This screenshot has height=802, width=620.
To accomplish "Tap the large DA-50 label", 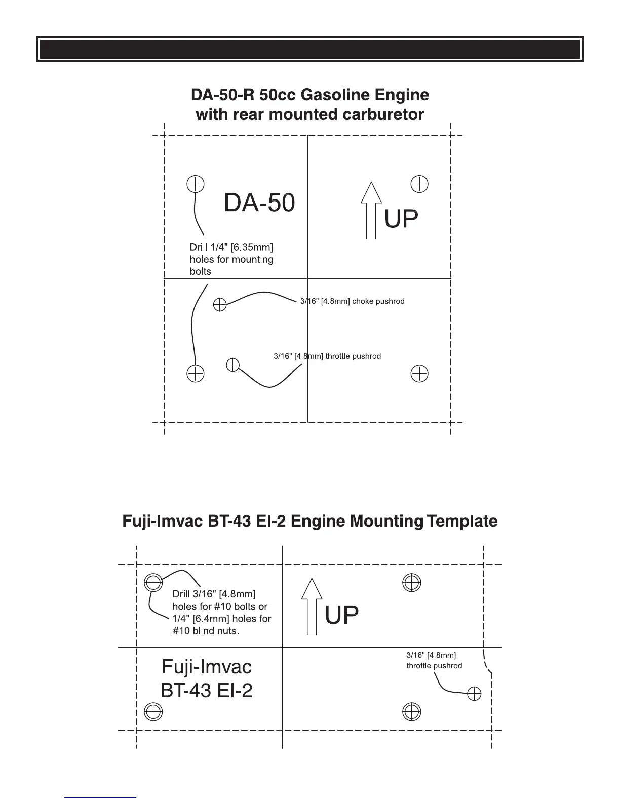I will [x=259, y=203].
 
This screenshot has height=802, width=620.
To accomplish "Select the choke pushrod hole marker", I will [x=220, y=304].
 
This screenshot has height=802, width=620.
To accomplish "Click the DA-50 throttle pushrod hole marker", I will [x=232, y=365].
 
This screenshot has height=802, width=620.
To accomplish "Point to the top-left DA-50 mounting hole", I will [x=196, y=184].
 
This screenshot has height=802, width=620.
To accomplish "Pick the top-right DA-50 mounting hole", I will [x=419, y=184].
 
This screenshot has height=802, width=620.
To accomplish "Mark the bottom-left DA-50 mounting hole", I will [x=196, y=374].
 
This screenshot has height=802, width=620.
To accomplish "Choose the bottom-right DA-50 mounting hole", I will [x=419, y=374].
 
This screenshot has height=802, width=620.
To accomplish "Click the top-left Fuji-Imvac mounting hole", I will [x=153, y=582].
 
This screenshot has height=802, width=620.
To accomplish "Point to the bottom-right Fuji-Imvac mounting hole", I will [x=412, y=712].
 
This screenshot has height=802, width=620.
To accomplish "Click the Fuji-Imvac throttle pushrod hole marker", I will [x=474, y=693].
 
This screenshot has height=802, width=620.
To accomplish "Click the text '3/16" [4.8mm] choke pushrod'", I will [x=353, y=301].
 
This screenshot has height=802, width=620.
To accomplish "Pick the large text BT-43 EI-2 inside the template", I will [x=206, y=690].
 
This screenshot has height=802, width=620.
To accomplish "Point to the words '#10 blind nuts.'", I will [x=205, y=631].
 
